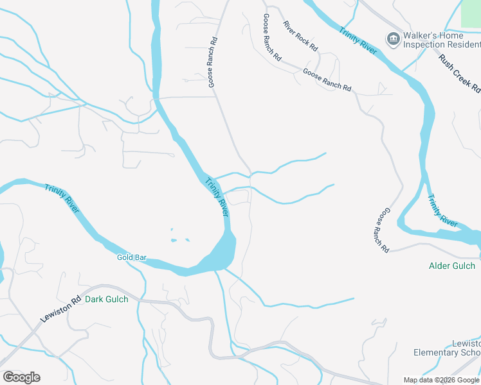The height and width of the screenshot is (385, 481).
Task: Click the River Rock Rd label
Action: click(x=300, y=36)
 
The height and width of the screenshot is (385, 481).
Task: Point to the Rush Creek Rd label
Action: click(x=460, y=73)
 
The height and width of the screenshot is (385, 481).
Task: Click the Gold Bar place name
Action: click(x=132, y=257)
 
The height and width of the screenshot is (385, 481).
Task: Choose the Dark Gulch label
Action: click(x=107, y=299)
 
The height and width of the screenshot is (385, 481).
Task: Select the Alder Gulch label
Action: click(x=452, y=266)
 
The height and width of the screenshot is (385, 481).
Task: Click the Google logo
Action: click(x=21, y=377)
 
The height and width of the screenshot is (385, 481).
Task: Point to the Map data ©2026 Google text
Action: click(x=441, y=380)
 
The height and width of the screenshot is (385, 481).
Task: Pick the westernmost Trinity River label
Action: click(x=62, y=198)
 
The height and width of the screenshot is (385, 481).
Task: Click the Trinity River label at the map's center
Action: click(x=217, y=196)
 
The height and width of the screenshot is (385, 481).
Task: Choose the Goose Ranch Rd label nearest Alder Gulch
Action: click(x=383, y=229)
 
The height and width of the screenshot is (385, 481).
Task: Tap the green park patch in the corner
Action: click(x=471, y=13)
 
